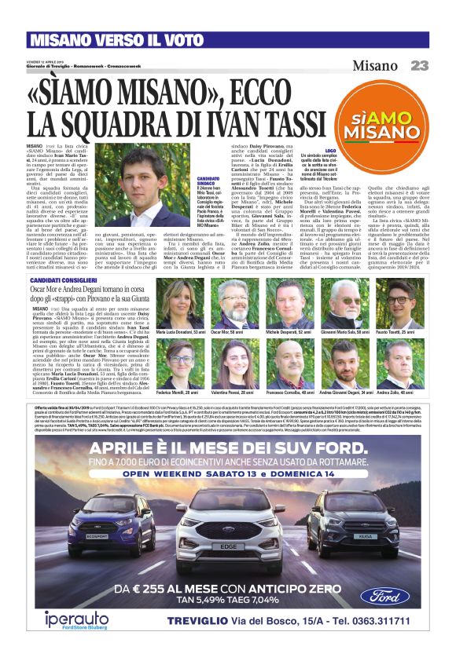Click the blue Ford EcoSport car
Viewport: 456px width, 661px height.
pyautogui.click(x=118, y=517)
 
